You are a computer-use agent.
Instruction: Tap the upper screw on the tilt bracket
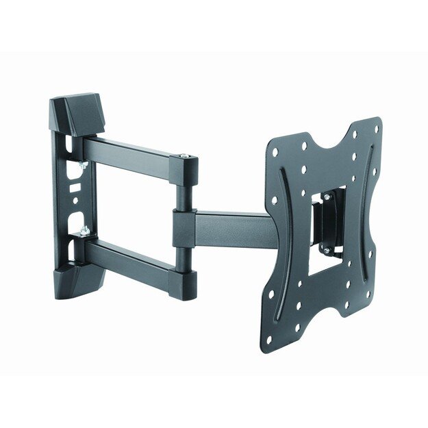(x=327, y=197)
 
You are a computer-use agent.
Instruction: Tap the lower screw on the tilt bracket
(x=326, y=252)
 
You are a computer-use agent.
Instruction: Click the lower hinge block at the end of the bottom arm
(x=184, y=282)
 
